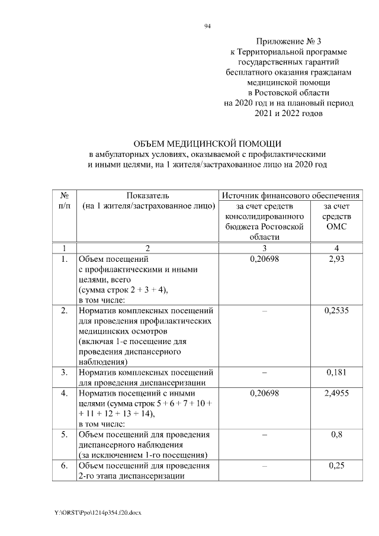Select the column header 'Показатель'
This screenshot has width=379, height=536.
click(147, 195)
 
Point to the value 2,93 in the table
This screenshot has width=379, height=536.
click(336, 259)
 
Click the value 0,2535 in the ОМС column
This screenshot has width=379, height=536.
click(336, 310)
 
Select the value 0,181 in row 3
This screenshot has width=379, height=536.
click(336, 373)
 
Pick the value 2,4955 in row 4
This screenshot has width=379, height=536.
click(336, 393)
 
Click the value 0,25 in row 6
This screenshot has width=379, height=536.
click(336, 466)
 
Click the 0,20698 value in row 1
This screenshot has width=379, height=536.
click(265, 259)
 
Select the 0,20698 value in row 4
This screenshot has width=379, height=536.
click(265, 393)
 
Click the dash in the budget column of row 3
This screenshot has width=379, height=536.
click(265, 373)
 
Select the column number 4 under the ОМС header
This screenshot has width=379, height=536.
click(336, 247)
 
